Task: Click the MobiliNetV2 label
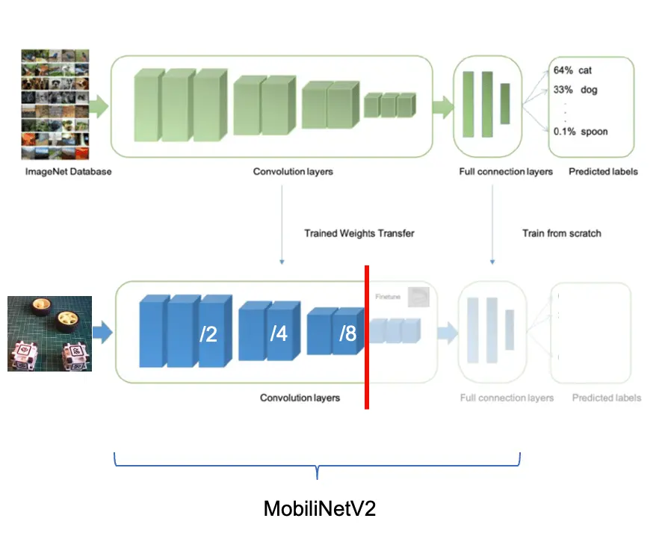tap(319, 509)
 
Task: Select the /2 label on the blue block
tap(208, 335)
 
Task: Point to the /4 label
tap(278, 334)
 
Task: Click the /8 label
tap(347, 334)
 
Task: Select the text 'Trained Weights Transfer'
tap(359, 233)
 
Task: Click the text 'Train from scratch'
tap(561, 233)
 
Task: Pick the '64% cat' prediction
tap(572, 70)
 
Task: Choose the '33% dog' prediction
tap(575, 90)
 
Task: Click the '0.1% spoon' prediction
tap(581, 132)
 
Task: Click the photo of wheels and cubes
tap(49, 333)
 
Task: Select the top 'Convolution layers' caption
tap(293, 172)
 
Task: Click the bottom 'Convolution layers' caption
tap(300, 398)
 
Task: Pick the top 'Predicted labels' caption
tap(603, 172)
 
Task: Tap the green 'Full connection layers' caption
tap(506, 172)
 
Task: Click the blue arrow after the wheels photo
tap(104, 333)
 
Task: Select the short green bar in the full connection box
tap(504, 103)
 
